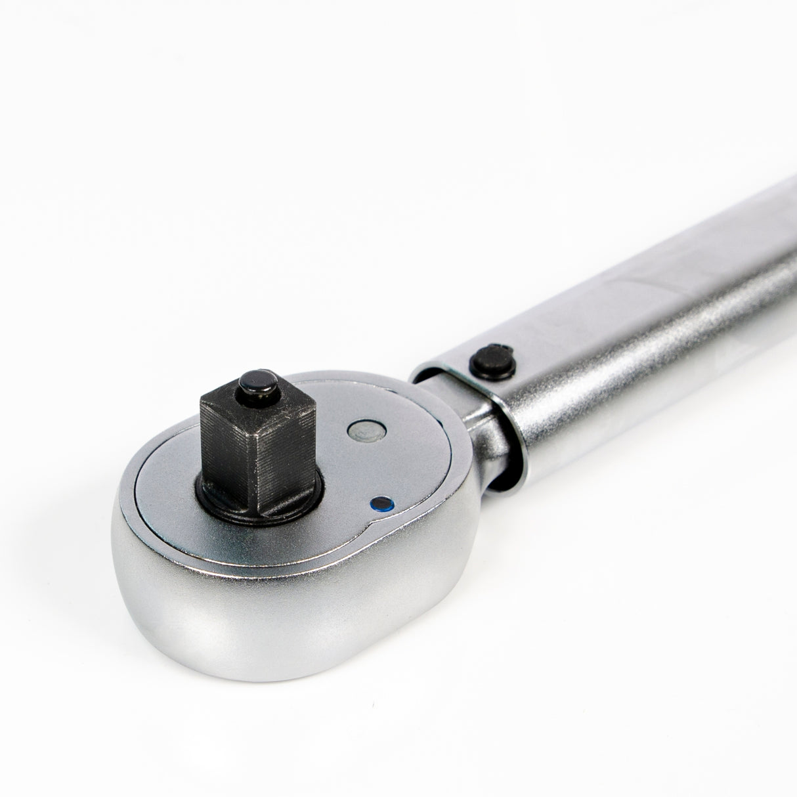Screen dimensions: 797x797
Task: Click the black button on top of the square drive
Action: (x=253, y=382)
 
